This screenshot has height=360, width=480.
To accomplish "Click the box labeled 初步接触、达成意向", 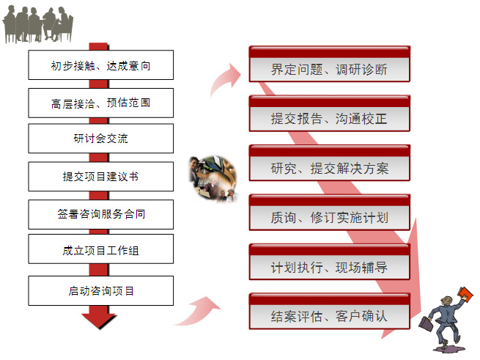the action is pyautogui.click(x=100, y=65).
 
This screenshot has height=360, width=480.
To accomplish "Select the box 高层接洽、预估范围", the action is pyautogui.click(x=100, y=103).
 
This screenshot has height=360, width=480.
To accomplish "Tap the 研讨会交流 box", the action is pyautogui.click(x=100, y=139).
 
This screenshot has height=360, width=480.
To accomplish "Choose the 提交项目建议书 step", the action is pyautogui.click(x=100, y=177).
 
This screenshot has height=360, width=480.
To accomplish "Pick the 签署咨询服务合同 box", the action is pyautogui.click(x=100, y=215).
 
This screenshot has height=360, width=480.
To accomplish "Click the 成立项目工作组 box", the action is pyautogui.click(x=100, y=249).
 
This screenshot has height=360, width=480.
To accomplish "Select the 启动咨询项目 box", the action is pyautogui.click(x=100, y=291).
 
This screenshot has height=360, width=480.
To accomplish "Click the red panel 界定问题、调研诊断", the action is pyautogui.click(x=329, y=64).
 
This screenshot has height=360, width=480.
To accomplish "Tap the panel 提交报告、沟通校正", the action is pyautogui.click(x=329, y=114).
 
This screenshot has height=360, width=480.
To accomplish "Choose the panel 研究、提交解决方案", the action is pyautogui.click(x=329, y=163).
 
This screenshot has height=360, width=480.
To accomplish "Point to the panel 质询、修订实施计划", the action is pyautogui.click(x=329, y=213).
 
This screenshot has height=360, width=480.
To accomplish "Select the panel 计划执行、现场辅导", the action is pyautogui.click(x=329, y=262).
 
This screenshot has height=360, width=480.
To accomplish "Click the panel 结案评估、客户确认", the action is pyautogui.click(x=329, y=312).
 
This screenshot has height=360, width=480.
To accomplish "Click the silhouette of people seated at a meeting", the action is pyautogui.click(x=38, y=24).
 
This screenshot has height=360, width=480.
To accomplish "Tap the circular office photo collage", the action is pyautogui.click(x=213, y=179).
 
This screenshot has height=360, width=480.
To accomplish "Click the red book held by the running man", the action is pyautogui.click(x=465, y=294).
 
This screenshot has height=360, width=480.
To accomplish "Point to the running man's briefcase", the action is pyautogui.click(x=426, y=323).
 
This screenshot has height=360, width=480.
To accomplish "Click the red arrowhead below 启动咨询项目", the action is pyautogui.click(x=99, y=321).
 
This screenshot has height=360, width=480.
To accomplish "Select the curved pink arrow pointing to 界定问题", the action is pyautogui.click(x=225, y=80).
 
